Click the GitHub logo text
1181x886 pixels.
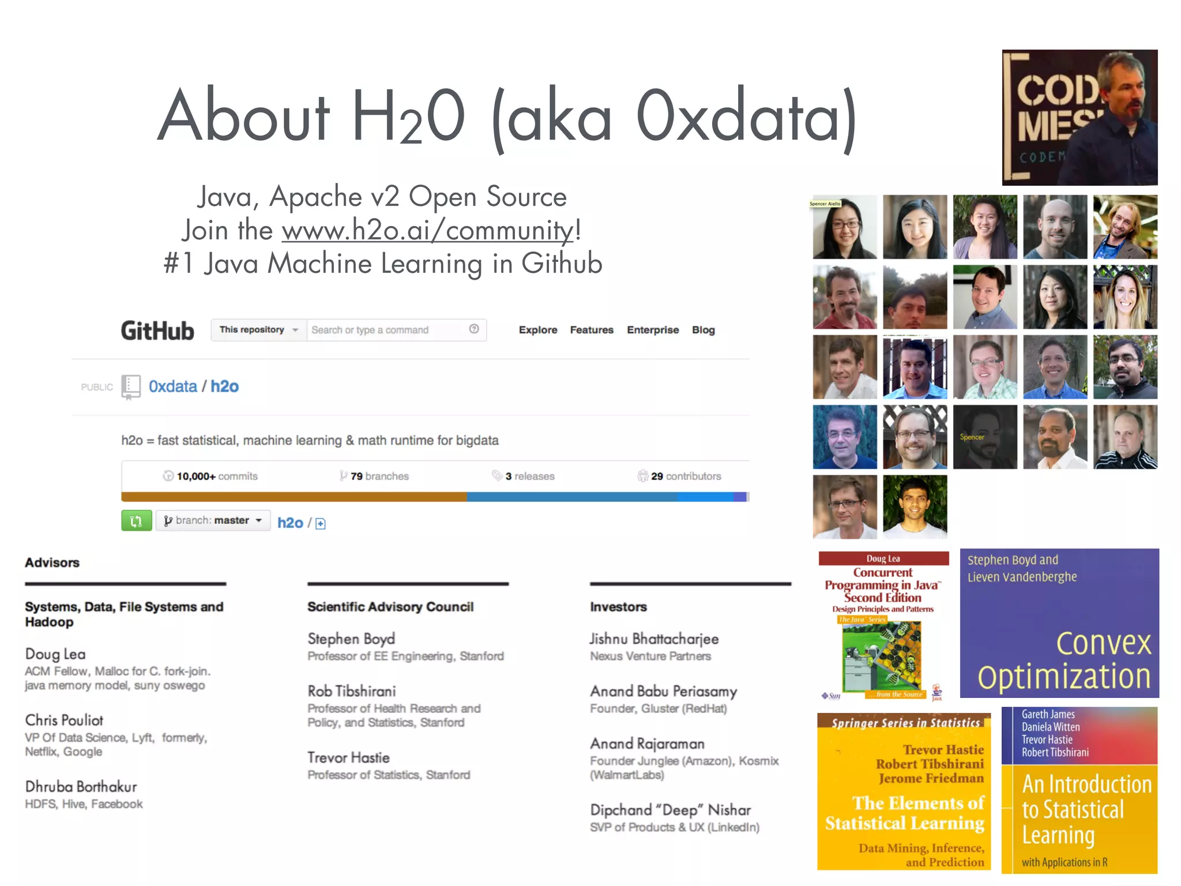pyautogui.click(x=157, y=331)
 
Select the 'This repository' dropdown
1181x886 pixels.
pyautogui.click(x=258, y=330)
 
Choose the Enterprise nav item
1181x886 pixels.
pyautogui.click(x=653, y=330)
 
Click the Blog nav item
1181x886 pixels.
pyautogui.click(x=703, y=330)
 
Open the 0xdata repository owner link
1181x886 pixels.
pyautogui.click(x=172, y=386)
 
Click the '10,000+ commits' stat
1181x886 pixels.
pyautogui.click(x=211, y=476)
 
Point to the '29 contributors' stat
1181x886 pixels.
pyautogui.click(x=680, y=476)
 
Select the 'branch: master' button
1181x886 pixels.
pyautogui.click(x=213, y=521)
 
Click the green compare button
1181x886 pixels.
pyautogui.click(x=136, y=521)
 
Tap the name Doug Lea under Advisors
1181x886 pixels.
pyautogui.click(x=55, y=654)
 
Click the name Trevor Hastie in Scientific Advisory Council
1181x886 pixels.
pyautogui.click(x=348, y=758)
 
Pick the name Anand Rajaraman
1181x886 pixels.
pyautogui.click(x=647, y=744)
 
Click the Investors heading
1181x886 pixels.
pyautogui.click(x=618, y=607)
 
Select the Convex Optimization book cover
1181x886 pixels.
pyautogui.click(x=1059, y=623)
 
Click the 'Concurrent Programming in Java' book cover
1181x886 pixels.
pyautogui.click(x=883, y=626)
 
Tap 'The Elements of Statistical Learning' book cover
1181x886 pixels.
pyautogui.click(x=904, y=791)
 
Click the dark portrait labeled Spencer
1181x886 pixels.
pyautogui.click(x=985, y=437)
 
